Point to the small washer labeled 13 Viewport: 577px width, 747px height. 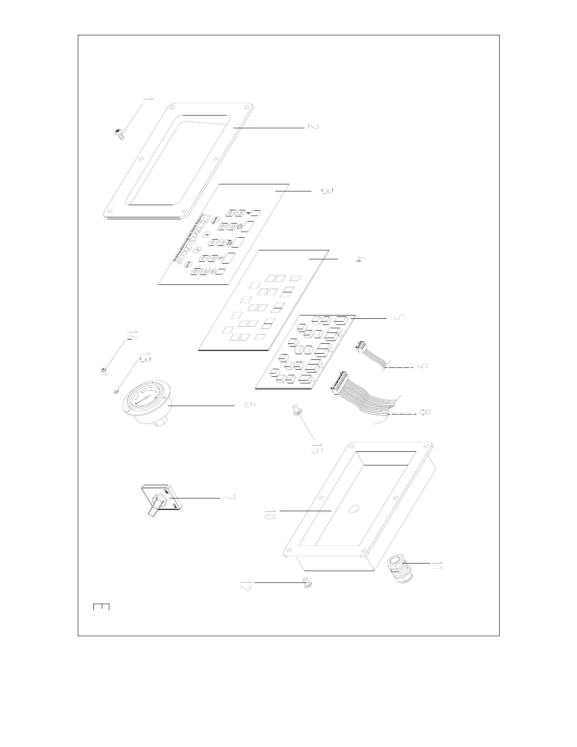click(x=115, y=391)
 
